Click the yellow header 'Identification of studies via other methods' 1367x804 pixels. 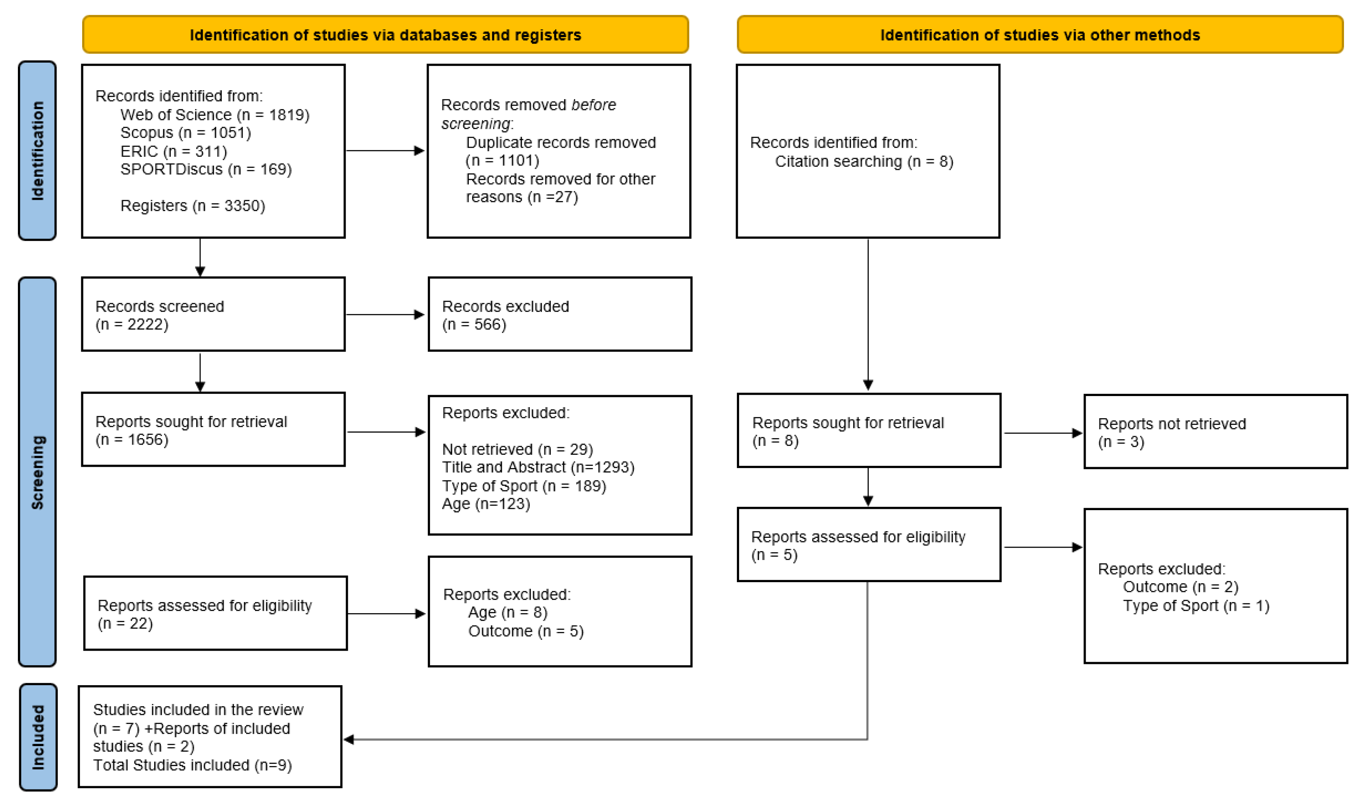click(1040, 35)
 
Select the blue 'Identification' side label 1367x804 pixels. click(37, 151)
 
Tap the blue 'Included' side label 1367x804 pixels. click(38, 737)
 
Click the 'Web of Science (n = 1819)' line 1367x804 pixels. click(215, 115)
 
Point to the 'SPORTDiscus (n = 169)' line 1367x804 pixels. click(206, 169)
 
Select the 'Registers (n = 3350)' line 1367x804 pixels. click(192, 206)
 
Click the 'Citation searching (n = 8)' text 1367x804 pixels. click(864, 162)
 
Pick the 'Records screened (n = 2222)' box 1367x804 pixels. click(213, 315)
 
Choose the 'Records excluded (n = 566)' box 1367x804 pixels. click(560, 315)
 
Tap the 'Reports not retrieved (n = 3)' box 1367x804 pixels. click(1215, 432)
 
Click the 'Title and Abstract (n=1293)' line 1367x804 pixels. click(538, 468)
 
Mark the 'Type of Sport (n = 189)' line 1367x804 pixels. click(524, 486)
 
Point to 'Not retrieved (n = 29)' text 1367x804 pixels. click(518, 449)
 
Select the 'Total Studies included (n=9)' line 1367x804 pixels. click(192, 766)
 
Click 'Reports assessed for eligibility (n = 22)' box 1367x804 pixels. click(215, 614)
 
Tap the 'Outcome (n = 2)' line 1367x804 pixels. click(1181, 587)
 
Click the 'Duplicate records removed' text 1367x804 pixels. click(561, 143)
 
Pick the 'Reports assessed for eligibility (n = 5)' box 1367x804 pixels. click(869, 545)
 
